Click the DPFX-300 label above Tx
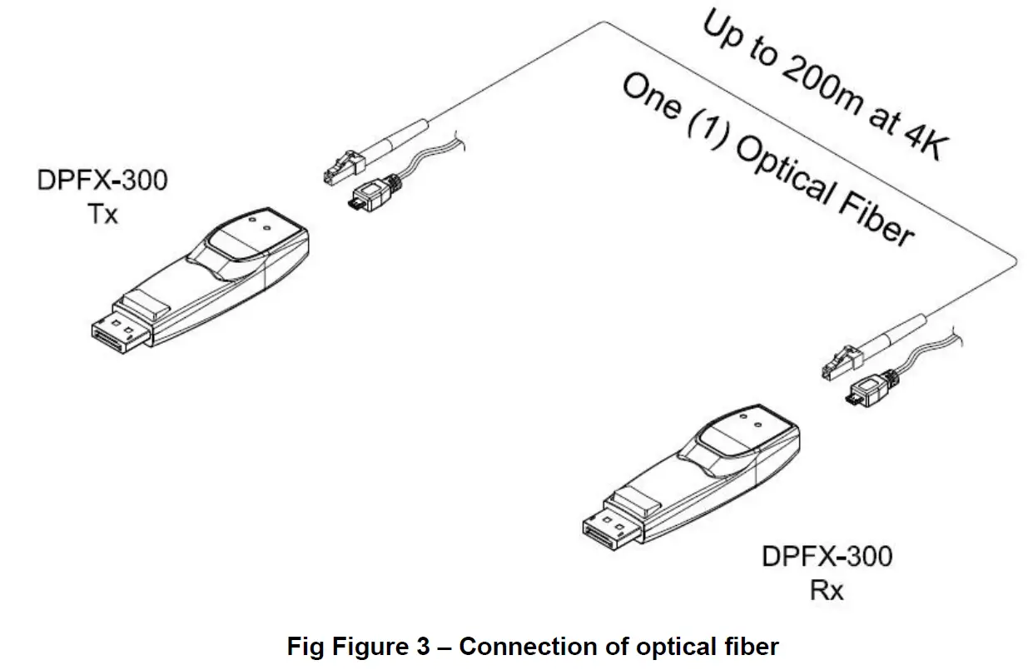(x=102, y=181)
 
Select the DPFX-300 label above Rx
(x=827, y=556)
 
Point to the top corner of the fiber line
(x=603, y=22)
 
